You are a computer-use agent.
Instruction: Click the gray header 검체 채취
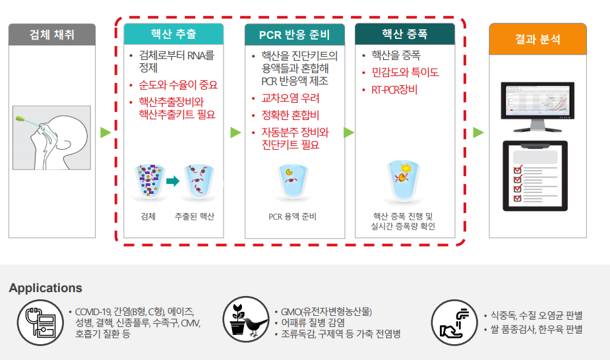(x=51, y=34)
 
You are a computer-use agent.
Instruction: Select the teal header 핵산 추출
(x=173, y=34)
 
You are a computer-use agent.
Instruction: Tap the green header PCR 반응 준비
(x=294, y=35)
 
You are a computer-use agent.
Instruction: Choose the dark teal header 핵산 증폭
(x=404, y=34)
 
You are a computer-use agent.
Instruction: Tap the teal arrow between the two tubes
(x=173, y=180)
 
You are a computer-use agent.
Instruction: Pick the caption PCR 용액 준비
(x=293, y=216)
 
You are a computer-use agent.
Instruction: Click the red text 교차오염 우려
(x=290, y=98)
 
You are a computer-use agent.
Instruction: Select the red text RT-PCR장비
(x=395, y=90)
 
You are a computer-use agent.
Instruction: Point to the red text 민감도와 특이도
(x=405, y=73)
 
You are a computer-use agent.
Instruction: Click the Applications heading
(x=46, y=288)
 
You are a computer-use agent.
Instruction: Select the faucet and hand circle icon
(x=454, y=322)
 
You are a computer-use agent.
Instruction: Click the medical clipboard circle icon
(x=40, y=322)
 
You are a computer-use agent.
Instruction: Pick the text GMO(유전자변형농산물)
(x=326, y=312)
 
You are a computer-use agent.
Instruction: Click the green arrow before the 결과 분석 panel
(x=478, y=133)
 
